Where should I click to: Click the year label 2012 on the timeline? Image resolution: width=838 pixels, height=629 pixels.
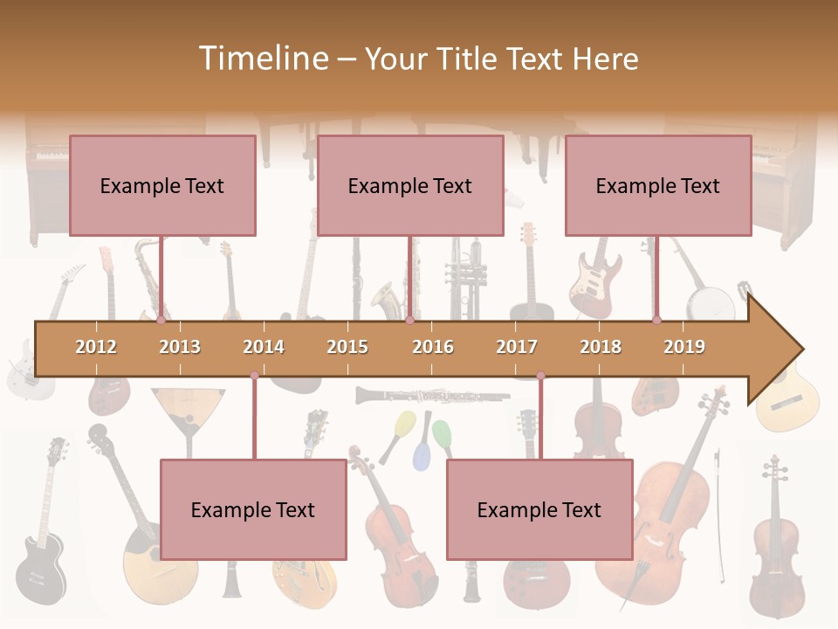point(96,347)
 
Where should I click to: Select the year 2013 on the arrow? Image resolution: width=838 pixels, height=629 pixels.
point(180,347)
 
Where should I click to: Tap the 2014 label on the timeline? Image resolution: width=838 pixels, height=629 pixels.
point(264,347)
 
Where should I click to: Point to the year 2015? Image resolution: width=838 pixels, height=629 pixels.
point(347,347)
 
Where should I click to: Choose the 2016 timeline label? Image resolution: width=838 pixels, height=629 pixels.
point(433,347)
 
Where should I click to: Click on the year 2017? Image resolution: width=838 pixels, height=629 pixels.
point(517,347)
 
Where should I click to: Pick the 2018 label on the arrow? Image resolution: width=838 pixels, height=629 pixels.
point(601,347)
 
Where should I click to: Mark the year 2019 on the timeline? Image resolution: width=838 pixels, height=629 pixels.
point(684,347)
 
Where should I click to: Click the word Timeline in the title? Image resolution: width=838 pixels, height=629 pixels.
point(262,59)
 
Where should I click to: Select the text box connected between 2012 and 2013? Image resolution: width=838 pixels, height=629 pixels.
point(162,185)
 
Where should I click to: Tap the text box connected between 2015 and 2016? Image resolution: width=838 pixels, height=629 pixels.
point(410,185)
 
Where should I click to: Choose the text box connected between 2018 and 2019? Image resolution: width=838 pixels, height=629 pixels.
point(658,185)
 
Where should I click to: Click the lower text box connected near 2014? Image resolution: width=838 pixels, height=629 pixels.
point(253,509)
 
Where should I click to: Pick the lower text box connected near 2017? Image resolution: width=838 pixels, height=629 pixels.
point(539,509)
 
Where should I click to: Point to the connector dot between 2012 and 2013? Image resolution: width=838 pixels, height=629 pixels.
point(161,320)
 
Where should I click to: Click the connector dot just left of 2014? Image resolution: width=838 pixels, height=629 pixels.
point(254,376)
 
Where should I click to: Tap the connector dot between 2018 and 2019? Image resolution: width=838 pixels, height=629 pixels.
point(656,320)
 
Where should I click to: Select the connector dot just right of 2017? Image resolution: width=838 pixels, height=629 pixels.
point(540,376)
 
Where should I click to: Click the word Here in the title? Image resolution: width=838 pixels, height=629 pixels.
point(606,59)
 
